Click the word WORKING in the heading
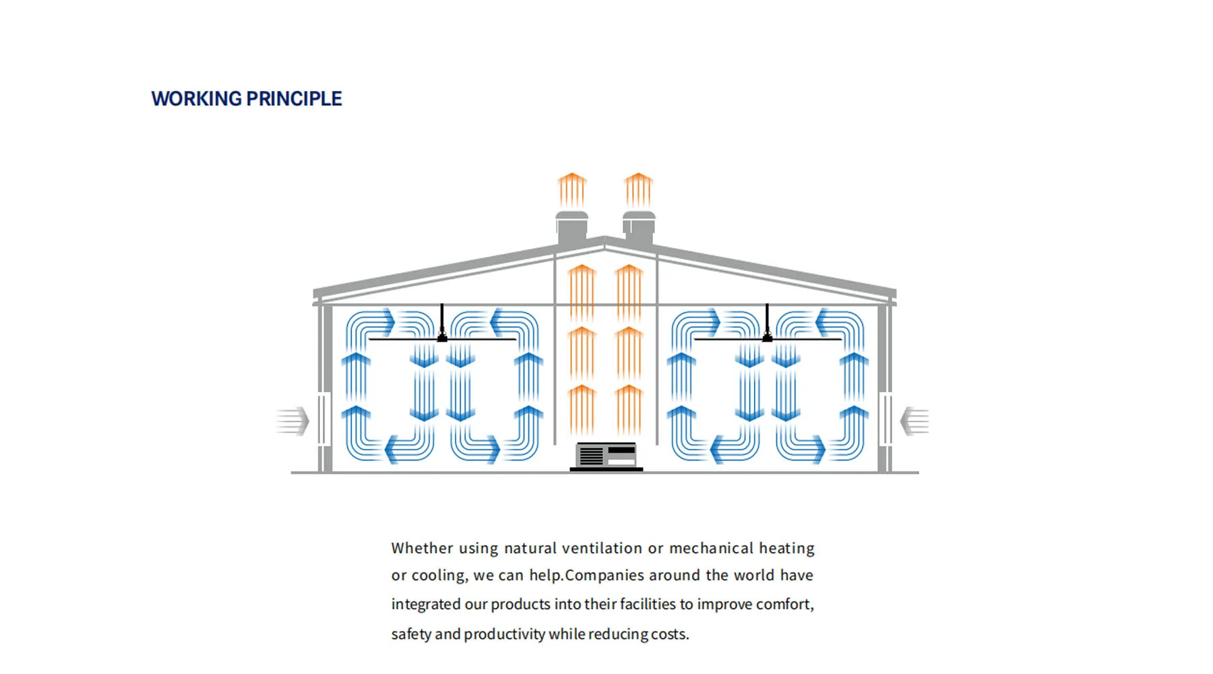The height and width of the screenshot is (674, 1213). tap(196, 98)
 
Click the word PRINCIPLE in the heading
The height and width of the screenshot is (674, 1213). tap(294, 98)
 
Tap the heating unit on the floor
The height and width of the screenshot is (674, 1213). tap(606, 456)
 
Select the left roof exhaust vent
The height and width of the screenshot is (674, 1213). tap(572, 227)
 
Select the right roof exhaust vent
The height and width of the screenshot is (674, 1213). tap(639, 227)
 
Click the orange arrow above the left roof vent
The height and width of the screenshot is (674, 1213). tap(572, 190)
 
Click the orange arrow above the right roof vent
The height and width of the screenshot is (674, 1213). tap(638, 190)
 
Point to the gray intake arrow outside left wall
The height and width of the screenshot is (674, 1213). tap(292, 421)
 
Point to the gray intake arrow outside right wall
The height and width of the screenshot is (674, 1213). tap(914, 421)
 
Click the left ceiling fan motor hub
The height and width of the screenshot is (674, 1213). tap(442, 336)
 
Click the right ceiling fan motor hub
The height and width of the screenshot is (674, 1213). tap(767, 336)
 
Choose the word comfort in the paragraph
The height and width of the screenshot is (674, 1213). tap(784, 604)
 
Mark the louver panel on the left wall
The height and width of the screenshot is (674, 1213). tap(324, 420)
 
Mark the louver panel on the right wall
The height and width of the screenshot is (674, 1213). tap(885, 420)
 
